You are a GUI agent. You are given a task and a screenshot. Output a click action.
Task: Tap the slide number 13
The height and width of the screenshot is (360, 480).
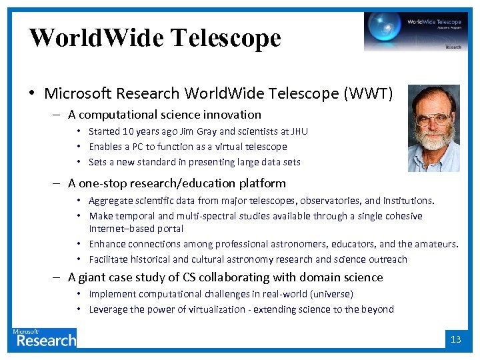456,339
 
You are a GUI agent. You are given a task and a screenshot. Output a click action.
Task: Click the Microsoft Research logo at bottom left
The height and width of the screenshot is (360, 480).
45,338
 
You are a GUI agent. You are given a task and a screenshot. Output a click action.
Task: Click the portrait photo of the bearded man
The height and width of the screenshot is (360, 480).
433,128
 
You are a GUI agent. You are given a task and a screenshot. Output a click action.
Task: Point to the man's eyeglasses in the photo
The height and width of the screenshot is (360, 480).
431,121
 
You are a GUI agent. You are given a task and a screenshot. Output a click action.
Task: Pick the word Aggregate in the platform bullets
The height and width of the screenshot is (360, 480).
111,201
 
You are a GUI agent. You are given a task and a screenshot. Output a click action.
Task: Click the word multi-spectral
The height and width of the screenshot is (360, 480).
202,216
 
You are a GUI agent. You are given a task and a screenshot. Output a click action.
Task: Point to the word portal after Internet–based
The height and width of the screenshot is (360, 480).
170,229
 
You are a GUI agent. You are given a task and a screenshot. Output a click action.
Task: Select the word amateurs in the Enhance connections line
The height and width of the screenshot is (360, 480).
435,244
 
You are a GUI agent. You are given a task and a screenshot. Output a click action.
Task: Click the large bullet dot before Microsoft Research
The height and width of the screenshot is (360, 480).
33,94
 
